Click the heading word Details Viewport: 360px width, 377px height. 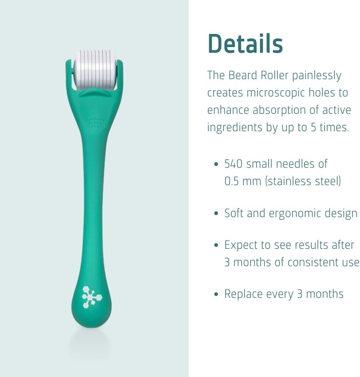[x=245, y=44]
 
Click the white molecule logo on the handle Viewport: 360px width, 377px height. [x=92, y=296]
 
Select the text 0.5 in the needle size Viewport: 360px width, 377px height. [x=232, y=181]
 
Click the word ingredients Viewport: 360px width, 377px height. [x=235, y=127]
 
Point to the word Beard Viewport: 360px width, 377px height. [x=243, y=75]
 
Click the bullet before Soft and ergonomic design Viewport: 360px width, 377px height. [x=216, y=214]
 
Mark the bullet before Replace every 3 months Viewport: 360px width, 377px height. [x=216, y=294]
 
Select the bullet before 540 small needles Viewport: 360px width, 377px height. [x=216, y=164]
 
